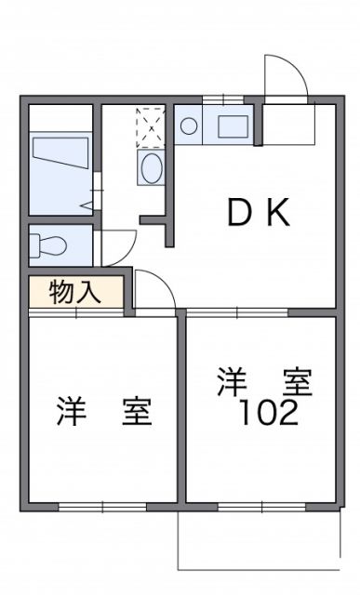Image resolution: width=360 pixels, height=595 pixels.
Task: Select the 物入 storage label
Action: (75, 293)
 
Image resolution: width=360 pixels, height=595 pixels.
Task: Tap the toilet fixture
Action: (48, 246)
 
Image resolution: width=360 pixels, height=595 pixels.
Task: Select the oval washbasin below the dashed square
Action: (151, 168)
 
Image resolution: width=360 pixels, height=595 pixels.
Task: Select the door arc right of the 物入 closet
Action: (154, 288)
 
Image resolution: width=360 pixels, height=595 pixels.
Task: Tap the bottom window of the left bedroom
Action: (102, 506)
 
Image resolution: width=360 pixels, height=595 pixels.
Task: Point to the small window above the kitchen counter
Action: (220, 99)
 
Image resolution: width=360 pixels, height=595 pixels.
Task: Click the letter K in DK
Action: (278, 214)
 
